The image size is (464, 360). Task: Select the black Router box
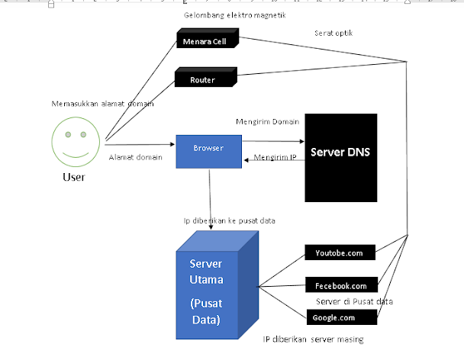coord(205,79)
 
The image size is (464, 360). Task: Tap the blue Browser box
coord(208,150)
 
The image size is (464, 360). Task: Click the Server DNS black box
coord(341,158)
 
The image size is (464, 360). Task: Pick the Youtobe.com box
coord(340,252)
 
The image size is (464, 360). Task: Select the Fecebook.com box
coord(341,286)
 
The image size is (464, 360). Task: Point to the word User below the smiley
coord(74,178)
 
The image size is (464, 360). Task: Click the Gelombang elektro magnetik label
coord(234,14)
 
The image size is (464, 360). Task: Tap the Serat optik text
coord(333,34)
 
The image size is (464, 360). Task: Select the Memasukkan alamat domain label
coord(103,104)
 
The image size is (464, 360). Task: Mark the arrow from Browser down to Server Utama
coord(210,194)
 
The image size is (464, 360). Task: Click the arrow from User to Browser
coord(141,143)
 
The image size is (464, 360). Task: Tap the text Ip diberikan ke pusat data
coord(228,220)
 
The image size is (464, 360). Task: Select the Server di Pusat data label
coord(354,301)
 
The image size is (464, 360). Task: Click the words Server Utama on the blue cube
coord(205,273)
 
